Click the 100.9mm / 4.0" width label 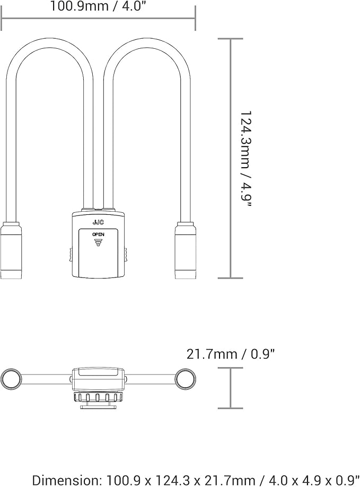tap(98, 6)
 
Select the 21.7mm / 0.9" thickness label tap(231, 354)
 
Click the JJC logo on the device tap(98, 222)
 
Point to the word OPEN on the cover tap(98, 234)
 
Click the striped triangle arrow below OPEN tap(99, 242)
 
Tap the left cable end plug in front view tap(11, 250)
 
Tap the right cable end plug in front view tap(186, 250)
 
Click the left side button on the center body tap(71, 255)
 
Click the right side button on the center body tap(126, 255)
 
